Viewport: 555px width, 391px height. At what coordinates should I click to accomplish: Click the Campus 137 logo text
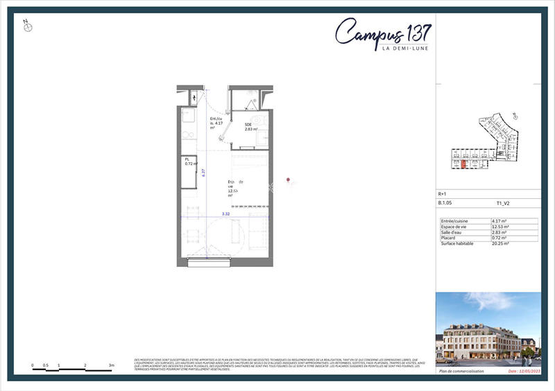point(383,32)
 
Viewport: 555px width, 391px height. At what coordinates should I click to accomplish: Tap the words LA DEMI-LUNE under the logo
point(405,48)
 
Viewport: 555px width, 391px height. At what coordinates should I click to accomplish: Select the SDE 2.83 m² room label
point(250,127)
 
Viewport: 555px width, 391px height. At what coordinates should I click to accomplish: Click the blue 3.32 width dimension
point(225,214)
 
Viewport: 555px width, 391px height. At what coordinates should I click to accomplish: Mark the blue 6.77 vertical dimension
point(203,173)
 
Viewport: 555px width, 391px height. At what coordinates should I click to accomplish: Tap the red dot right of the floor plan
point(288,183)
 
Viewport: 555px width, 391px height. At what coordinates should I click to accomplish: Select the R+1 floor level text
point(443,194)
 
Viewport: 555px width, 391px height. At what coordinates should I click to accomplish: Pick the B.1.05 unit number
point(445,204)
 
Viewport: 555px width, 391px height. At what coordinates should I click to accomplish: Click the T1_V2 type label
point(503,204)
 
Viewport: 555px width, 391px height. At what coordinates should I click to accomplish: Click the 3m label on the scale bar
point(111,365)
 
